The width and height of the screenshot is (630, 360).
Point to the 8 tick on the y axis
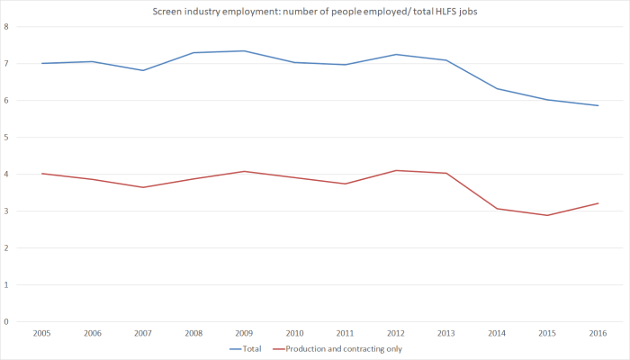pos(7,26)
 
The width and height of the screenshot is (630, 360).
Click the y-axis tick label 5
pos(7,137)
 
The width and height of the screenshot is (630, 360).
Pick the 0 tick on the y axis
pos(7,321)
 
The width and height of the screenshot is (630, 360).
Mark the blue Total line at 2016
pos(598,105)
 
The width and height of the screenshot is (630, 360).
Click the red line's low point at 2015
pos(547,215)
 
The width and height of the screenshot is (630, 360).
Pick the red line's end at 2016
pos(598,203)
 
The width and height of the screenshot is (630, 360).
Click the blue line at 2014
pos(497,88)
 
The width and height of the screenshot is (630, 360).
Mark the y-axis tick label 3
pos(7,211)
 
